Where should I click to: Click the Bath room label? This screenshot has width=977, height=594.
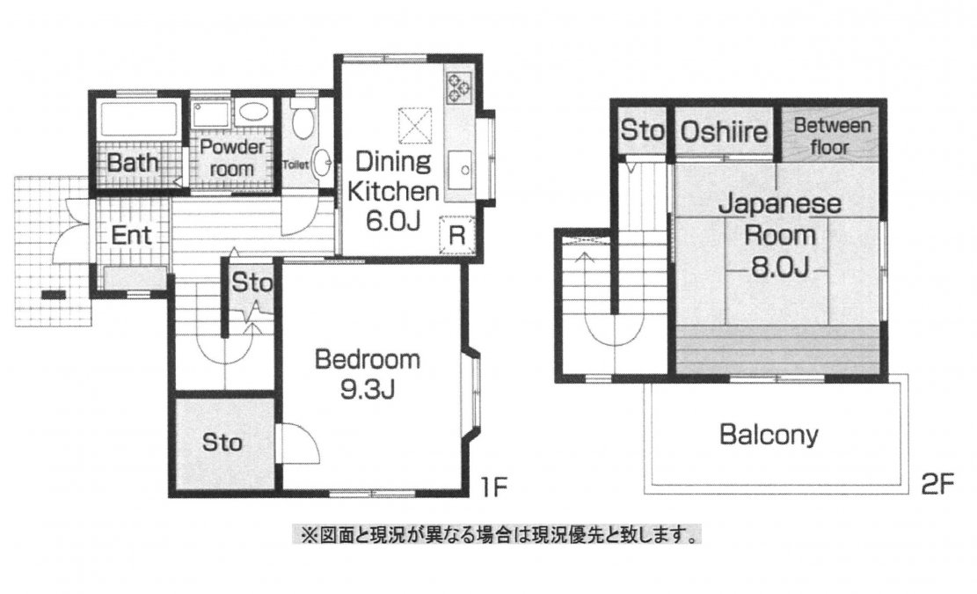135,163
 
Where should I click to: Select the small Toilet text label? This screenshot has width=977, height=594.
295,165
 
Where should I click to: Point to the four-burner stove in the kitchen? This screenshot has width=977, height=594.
459,86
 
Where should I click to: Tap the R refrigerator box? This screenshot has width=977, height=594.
457,235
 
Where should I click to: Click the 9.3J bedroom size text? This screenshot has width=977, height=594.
367,387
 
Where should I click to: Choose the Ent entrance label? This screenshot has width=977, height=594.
132,236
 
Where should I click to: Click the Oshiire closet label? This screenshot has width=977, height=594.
725,132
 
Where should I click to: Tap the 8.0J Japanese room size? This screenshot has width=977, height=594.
779,265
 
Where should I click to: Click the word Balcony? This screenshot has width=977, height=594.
769,434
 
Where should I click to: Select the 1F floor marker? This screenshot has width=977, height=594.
493,485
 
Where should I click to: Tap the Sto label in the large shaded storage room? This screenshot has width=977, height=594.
223,441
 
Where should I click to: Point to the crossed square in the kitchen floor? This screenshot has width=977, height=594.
415,122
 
